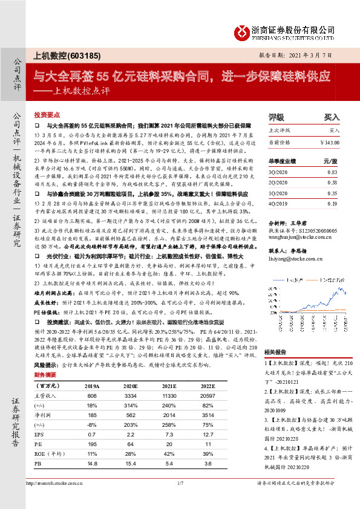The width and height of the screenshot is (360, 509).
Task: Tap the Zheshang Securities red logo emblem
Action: tap(243, 30)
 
